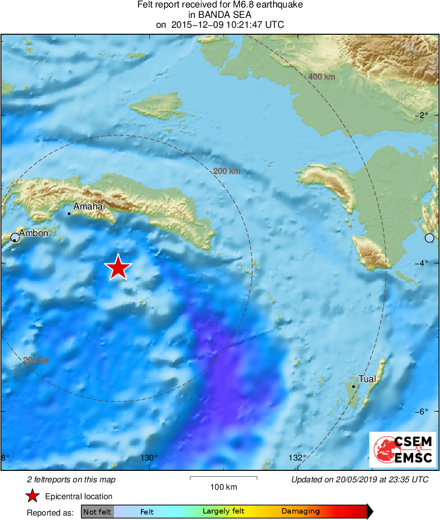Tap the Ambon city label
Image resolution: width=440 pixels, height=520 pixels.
pyautogui.click(x=33, y=233)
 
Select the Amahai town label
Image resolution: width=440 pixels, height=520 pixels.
pyautogui.click(x=89, y=206)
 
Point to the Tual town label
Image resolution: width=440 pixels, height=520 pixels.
pyautogui.click(x=367, y=379)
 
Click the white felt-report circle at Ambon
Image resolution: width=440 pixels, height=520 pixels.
pyautogui.click(x=15, y=237)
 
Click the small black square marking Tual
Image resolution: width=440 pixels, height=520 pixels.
pyautogui.click(x=353, y=387)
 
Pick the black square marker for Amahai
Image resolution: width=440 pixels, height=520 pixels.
pyautogui.click(x=69, y=213)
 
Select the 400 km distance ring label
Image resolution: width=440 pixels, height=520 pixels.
pyautogui.click(x=322, y=77)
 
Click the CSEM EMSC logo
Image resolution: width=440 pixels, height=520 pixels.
pyautogui.click(x=402, y=450)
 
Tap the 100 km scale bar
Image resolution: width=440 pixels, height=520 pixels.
pyautogui.click(x=223, y=478)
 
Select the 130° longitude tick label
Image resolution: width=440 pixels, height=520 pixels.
pyautogui.click(x=149, y=458)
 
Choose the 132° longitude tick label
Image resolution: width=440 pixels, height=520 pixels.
pyautogui.click(x=297, y=458)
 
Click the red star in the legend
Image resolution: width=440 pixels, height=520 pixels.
pyautogui.click(x=33, y=496)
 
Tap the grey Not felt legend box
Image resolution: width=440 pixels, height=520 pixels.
pyautogui.click(x=97, y=512)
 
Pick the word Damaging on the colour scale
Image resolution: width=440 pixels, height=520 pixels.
pyautogui.click(x=300, y=512)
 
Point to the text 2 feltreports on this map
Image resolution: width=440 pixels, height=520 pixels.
pyautogui.click(x=71, y=479)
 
